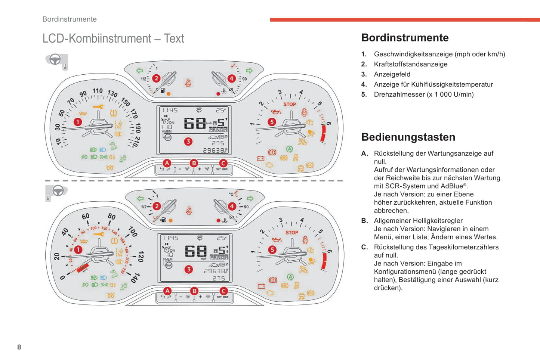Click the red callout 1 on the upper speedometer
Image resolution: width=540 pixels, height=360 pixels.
click(77, 122)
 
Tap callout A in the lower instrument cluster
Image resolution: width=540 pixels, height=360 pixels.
click(167, 291)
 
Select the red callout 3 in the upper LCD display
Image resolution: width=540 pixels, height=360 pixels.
click(188, 142)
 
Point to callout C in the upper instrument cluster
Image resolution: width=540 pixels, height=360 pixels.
click(223, 163)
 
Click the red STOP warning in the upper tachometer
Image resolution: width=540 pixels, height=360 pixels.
click(290, 104)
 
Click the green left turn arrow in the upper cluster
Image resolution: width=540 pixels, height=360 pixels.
click(140, 71)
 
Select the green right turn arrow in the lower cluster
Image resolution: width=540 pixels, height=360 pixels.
click(250, 198)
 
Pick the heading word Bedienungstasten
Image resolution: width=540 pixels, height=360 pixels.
click(408, 137)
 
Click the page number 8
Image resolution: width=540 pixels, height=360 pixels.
click(19, 347)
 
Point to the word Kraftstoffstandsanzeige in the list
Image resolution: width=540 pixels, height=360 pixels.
click(411, 64)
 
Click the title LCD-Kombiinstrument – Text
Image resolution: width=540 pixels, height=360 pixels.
click(113, 38)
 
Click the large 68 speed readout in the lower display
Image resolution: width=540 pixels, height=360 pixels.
click(196, 251)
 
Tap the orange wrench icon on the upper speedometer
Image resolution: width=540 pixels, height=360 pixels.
click(98, 107)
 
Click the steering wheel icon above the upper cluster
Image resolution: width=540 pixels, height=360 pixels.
click(55, 59)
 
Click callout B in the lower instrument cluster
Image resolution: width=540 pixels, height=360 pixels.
click(194, 291)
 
